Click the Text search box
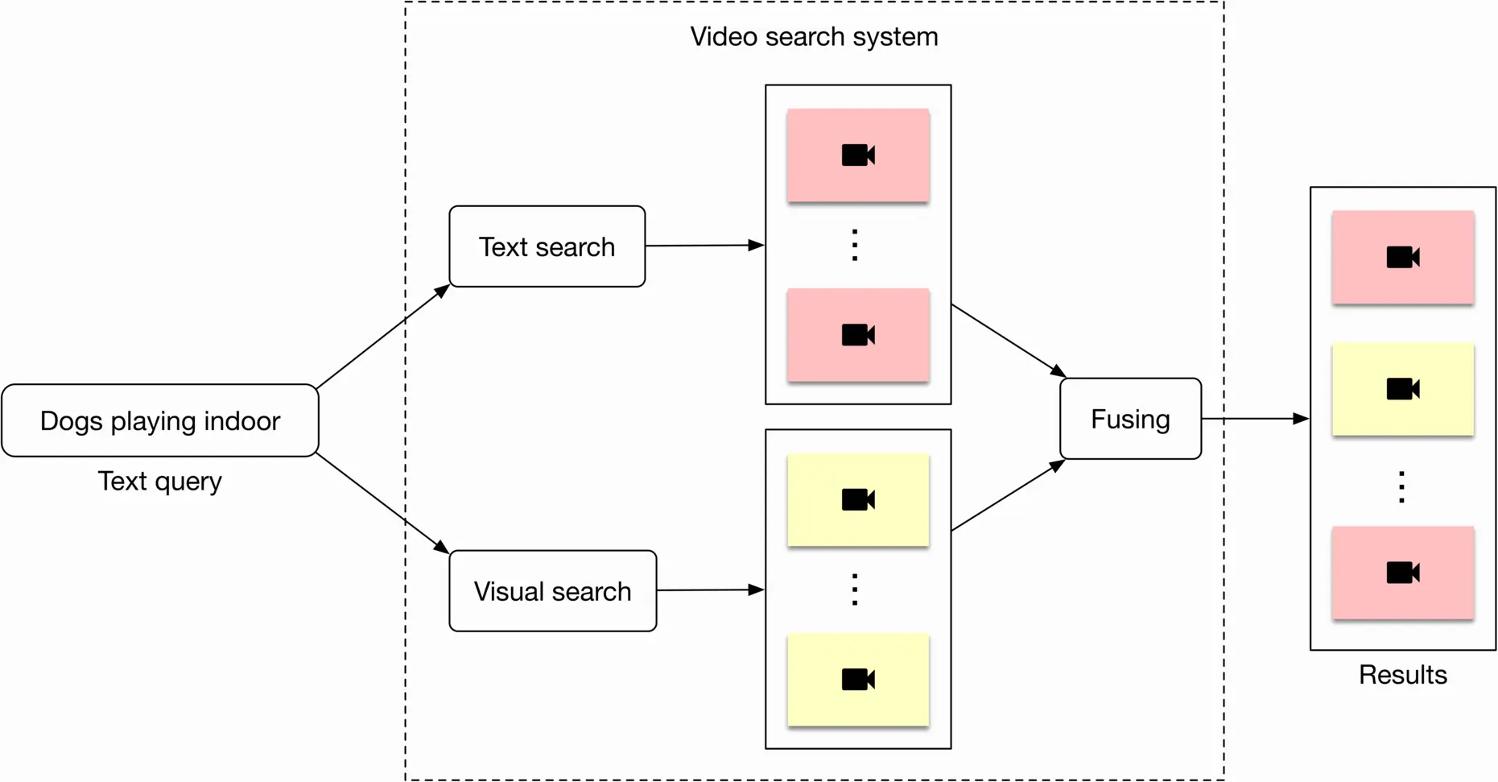click(547, 246)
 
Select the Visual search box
click(552, 591)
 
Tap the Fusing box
click(1130, 419)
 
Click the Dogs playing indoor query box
click(160, 420)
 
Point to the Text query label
click(159, 481)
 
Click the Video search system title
click(814, 36)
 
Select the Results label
click(1402, 674)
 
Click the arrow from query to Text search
click(383, 337)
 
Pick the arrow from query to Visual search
click(383, 503)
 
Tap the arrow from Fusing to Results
click(1254, 419)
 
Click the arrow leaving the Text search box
click(704, 246)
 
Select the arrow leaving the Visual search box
click(710, 590)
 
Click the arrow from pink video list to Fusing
click(1008, 340)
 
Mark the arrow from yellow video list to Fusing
click(1008, 496)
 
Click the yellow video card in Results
click(1402, 390)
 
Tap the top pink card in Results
click(1402, 258)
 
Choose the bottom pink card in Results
click(1402, 573)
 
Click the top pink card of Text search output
click(858, 155)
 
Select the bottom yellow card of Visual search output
click(858, 680)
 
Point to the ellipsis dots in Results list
click(1401, 487)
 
